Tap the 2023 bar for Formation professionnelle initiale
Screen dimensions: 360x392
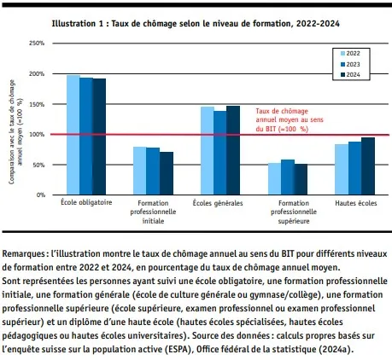point(153,171)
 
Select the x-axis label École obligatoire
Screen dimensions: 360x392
point(86,204)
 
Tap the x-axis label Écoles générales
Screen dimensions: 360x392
point(220,204)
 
